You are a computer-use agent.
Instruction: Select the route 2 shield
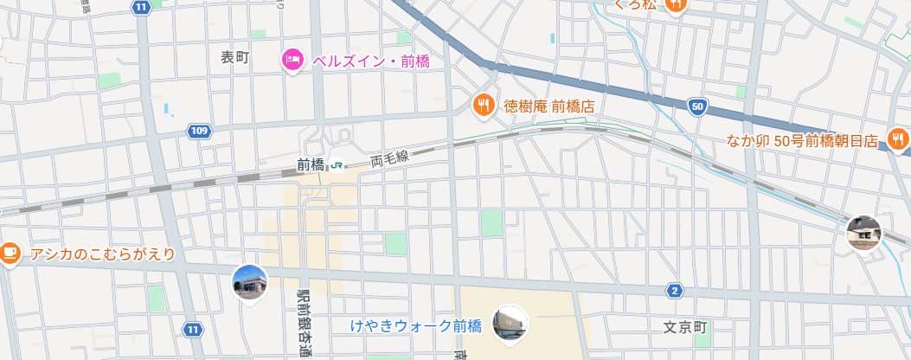675,291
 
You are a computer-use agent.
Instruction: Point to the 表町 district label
234,58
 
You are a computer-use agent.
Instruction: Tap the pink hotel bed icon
292,60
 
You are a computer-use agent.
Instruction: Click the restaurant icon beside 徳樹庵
483,106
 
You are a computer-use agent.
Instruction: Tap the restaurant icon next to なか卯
898,138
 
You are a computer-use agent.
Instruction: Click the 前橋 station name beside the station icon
310,164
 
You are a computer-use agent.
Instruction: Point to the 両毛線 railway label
388,158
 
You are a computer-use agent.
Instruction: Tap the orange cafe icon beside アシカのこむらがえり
10,253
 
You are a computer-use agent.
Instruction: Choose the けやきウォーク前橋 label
415,326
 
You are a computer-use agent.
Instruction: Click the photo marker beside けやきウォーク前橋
509,323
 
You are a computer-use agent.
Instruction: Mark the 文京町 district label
685,328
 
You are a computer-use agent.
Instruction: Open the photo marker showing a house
863,232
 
